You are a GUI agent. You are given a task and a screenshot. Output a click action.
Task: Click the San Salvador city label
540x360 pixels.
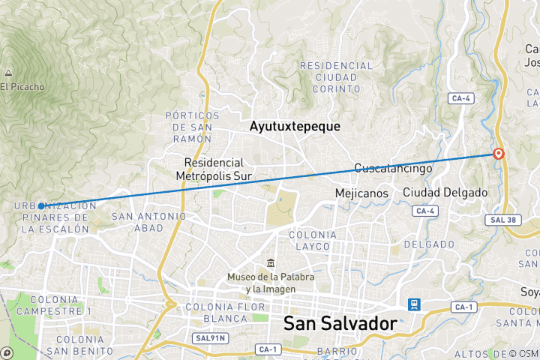point(340,324)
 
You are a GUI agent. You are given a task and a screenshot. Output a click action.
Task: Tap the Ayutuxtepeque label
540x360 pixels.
point(295,127)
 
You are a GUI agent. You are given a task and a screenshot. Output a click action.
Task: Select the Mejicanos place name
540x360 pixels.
point(361,193)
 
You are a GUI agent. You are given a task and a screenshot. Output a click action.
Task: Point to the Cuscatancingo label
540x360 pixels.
point(393,168)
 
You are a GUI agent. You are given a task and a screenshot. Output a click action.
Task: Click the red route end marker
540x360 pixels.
point(499,154)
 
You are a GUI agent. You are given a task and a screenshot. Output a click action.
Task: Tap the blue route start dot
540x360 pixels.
point(41,205)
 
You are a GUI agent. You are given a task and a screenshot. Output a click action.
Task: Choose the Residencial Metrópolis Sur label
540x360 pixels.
point(214,169)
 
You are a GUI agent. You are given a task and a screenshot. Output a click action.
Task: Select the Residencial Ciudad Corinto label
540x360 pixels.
point(337,77)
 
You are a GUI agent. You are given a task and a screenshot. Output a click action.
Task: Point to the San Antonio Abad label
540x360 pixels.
point(148,223)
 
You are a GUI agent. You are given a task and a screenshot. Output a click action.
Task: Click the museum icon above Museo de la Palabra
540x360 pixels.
point(270,262)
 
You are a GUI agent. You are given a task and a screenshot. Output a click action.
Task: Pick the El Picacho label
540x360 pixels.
point(22,87)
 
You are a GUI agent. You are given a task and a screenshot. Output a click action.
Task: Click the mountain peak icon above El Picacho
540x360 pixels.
point(8,73)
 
